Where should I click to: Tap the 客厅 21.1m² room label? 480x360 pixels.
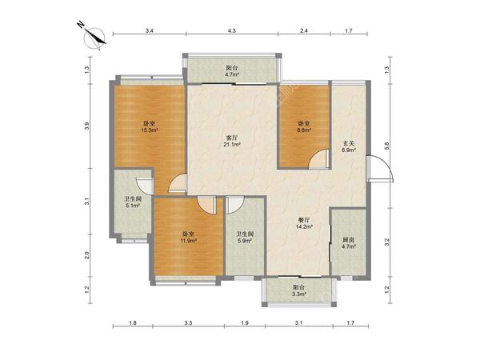[233, 141]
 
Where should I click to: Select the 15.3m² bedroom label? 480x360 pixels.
[150, 127]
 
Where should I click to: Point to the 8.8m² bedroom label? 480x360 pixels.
[304, 126]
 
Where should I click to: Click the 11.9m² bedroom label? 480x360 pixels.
[188, 238]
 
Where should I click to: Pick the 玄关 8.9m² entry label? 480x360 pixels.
[349, 146]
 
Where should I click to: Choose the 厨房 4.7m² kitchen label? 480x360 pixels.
[349, 242]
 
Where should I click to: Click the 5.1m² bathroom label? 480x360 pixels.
[133, 202]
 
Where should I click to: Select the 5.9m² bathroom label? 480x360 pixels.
[245, 238]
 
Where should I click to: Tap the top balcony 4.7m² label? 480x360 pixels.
[232, 71]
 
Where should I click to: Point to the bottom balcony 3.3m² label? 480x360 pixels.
[298, 291]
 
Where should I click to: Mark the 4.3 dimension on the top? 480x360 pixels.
[232, 30]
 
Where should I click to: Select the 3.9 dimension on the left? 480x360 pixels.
[87, 126]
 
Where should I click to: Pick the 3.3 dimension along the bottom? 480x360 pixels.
[188, 322]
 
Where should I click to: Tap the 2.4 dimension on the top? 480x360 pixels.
[304, 30]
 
